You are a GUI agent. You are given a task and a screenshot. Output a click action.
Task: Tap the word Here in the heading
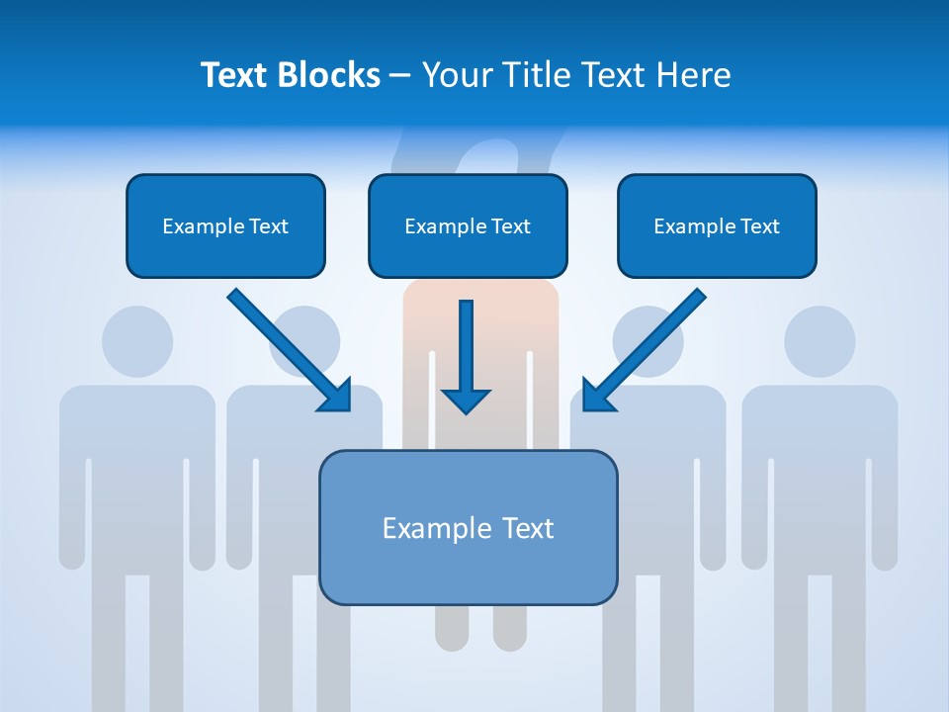(x=693, y=75)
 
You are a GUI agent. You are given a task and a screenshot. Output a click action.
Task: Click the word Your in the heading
(x=452, y=75)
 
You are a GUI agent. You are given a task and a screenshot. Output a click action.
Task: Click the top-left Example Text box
(x=225, y=226)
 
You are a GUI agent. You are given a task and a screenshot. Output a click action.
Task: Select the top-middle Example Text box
(x=468, y=226)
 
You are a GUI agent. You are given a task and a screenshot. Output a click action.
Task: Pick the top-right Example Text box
(x=717, y=226)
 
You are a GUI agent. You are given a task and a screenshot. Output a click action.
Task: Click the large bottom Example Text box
(x=468, y=528)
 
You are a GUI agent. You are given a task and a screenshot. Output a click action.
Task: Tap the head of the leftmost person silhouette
(x=137, y=341)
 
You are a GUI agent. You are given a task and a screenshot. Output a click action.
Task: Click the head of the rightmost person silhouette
(x=820, y=341)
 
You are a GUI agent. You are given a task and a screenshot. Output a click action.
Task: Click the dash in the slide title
(x=400, y=76)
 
